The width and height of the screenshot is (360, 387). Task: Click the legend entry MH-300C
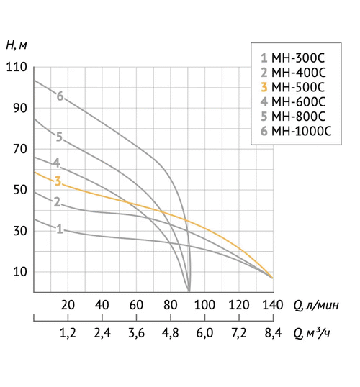[x=293, y=57]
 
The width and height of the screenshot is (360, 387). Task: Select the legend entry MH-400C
[x=293, y=72]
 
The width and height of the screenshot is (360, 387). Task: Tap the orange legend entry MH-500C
[x=293, y=87]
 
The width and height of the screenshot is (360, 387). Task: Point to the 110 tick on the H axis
[x=15, y=68]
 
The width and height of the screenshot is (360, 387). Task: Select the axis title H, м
[x=17, y=45]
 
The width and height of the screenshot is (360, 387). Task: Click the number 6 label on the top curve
[x=60, y=96]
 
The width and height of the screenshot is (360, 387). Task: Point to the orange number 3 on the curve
[x=58, y=181]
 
